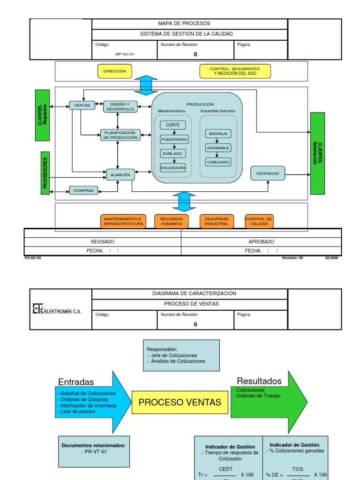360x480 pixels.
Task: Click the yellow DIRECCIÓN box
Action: pyautogui.click(x=115, y=71)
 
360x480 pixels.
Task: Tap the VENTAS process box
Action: pyautogui.click(x=82, y=105)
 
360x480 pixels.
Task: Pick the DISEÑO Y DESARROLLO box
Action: pyautogui.click(x=119, y=106)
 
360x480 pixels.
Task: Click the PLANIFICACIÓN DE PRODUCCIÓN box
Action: pyautogui.click(x=120, y=135)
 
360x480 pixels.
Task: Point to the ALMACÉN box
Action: pyautogui.click(x=120, y=174)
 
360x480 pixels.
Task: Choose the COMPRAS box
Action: pyautogui.click(x=84, y=190)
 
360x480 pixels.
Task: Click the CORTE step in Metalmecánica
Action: pyautogui.click(x=173, y=125)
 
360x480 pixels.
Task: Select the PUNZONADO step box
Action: pyautogui.click(x=174, y=139)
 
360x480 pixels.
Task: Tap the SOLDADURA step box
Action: pyautogui.click(x=173, y=167)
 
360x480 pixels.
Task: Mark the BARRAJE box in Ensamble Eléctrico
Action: pyautogui.click(x=218, y=134)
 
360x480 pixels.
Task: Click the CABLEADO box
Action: pyautogui.click(x=218, y=162)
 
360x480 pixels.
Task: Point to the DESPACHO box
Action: pyautogui.click(x=268, y=173)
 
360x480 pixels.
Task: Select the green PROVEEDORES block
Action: pyautogui.click(x=45, y=173)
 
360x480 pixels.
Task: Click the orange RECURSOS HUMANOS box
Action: pyautogui.click(x=172, y=221)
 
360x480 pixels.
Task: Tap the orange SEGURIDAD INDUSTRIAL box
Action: pyautogui.click(x=217, y=221)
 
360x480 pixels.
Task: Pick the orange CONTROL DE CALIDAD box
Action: pyautogui.click(x=259, y=221)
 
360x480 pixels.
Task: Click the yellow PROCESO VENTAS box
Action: pyautogui.click(x=180, y=402)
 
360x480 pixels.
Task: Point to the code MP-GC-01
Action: pyautogui.click(x=125, y=54)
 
